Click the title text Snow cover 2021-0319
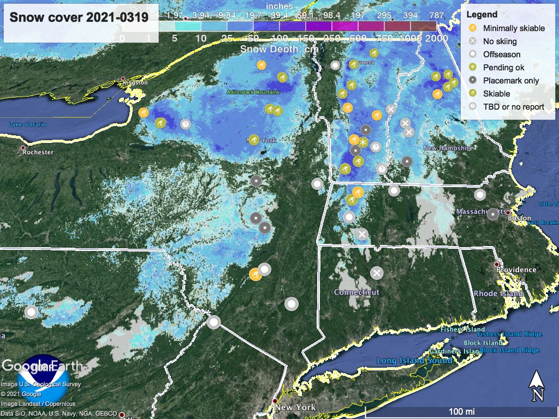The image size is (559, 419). click(79, 17)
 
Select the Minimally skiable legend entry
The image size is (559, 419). click(514, 28)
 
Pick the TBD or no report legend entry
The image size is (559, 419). click(514, 106)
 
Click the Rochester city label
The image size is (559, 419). click(38, 152)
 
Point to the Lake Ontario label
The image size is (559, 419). click(27, 124)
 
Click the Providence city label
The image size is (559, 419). click(516, 270)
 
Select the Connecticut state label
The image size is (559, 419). click(356, 292)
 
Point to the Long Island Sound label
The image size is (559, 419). click(414, 361)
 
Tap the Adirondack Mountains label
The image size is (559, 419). click(253, 92)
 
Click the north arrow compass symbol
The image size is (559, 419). click(537, 385)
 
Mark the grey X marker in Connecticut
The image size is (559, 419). click(377, 273)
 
